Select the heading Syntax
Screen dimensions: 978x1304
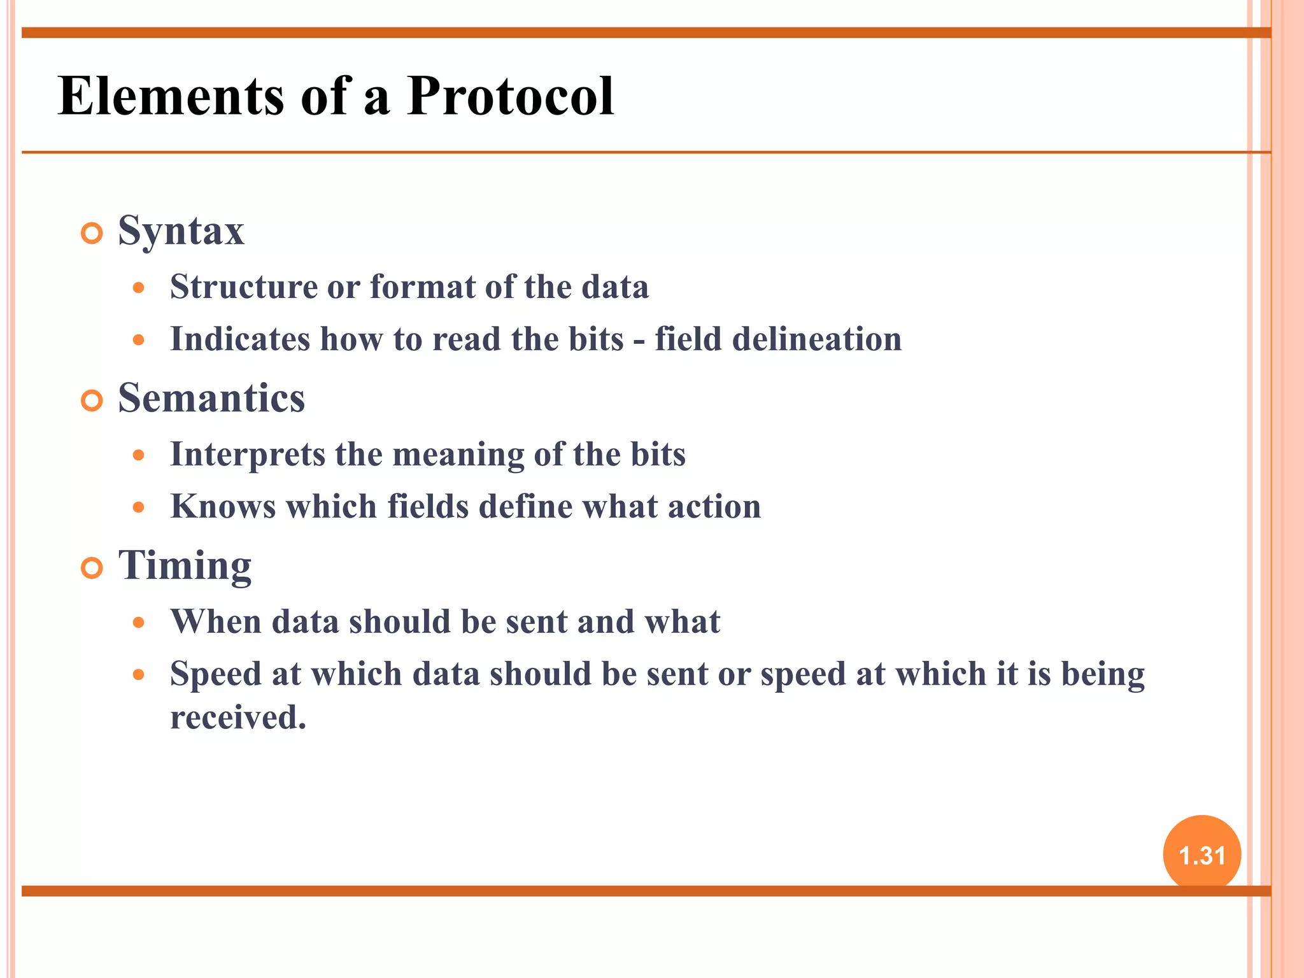181,231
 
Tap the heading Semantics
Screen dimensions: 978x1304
211,398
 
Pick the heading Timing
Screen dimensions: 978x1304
185,565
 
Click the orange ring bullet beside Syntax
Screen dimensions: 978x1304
92,234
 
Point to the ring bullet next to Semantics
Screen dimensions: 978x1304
92,401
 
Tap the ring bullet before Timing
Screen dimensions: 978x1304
92,568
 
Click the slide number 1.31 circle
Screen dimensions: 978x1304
1201,854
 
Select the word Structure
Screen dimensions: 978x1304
243,287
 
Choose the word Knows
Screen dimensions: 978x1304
223,507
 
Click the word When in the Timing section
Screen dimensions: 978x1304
215,622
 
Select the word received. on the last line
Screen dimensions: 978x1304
238,718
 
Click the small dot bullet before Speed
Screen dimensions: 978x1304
139,674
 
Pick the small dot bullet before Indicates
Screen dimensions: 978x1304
139,340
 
